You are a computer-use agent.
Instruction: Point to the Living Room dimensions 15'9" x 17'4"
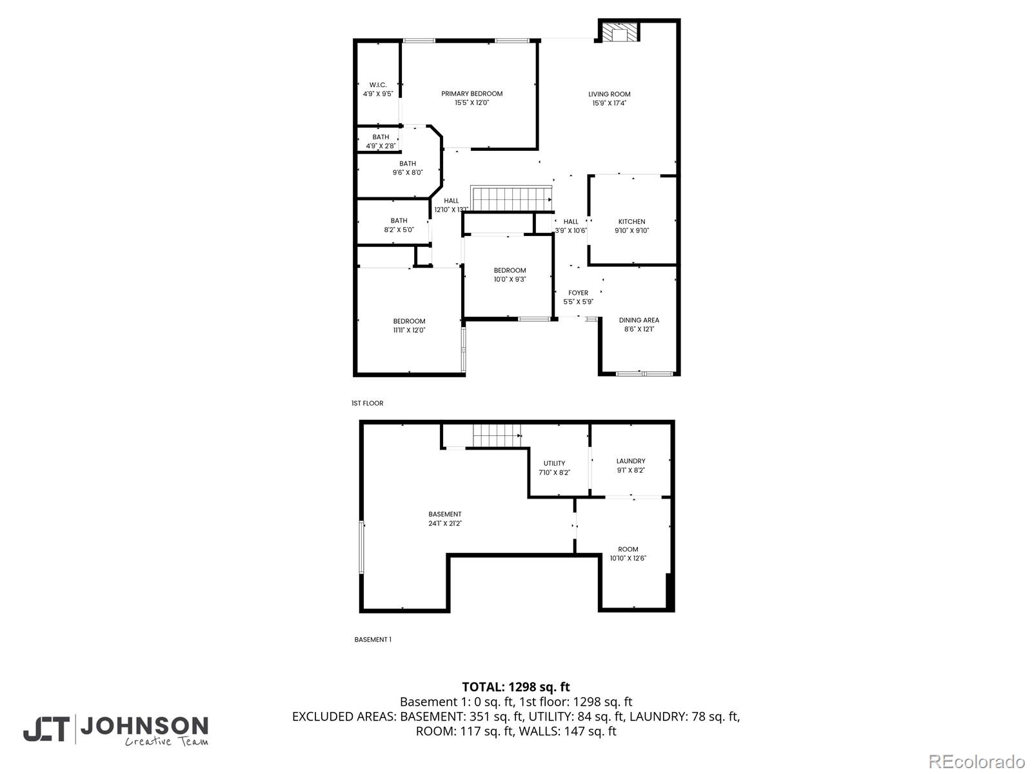coord(610,103)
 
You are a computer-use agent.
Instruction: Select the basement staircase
coord(497,435)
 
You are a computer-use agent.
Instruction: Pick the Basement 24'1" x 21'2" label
coord(444,519)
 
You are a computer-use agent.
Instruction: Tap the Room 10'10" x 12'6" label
coord(628,553)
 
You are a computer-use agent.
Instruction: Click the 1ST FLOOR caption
coord(367,403)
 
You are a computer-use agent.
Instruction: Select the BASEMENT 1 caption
coord(373,640)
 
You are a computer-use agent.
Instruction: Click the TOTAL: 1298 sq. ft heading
coord(516,687)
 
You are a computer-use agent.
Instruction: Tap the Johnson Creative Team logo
coord(116,730)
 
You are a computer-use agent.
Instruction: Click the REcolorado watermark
coord(977,761)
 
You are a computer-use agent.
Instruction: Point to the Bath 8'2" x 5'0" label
coord(399,225)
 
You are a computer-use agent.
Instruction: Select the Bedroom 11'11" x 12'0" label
coord(409,326)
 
